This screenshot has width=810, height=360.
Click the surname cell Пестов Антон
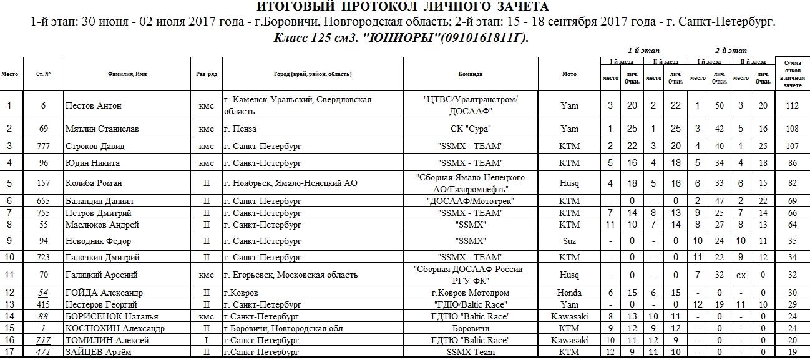[94, 105]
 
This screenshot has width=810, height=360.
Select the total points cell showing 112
[792, 105]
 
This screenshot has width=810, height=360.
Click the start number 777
[44, 146]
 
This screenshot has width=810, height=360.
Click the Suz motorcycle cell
[569, 240]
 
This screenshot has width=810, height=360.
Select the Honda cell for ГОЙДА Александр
[569, 293]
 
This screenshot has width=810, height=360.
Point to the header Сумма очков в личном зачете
[792, 74]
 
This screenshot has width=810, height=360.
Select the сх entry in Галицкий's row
[741, 275]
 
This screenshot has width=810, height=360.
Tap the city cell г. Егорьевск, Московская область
[290, 275]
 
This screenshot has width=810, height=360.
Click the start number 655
[44, 201]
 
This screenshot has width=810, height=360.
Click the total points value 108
[792, 129]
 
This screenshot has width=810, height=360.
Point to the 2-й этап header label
[731, 51]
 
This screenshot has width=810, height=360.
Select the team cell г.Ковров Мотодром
[470, 293]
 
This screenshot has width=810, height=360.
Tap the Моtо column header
[569, 74]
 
